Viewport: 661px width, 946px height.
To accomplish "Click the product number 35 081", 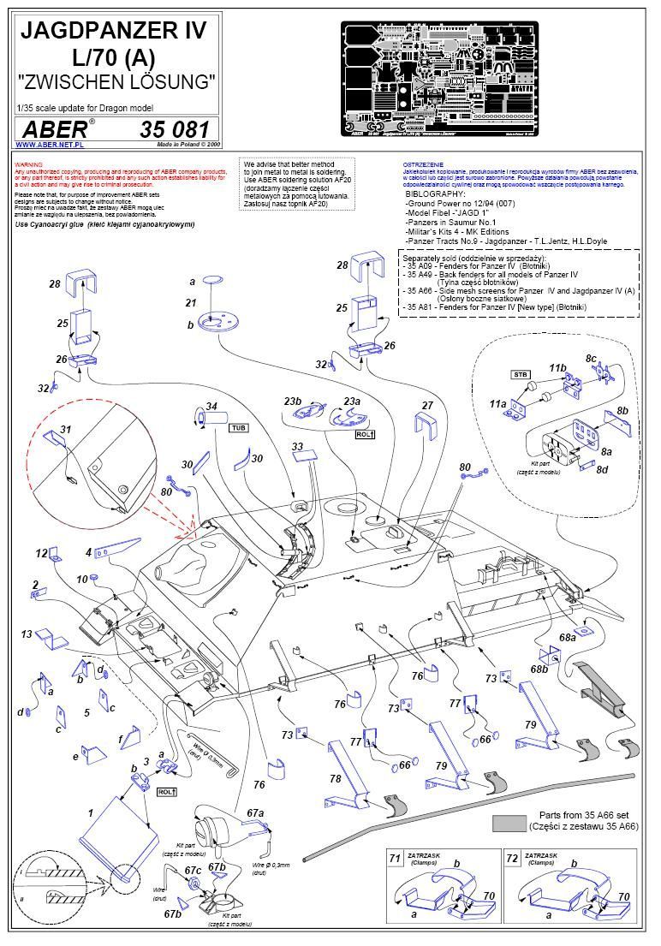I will pos(174,130).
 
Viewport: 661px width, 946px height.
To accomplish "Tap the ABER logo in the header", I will pos(55,130).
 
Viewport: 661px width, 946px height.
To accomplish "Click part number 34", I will pos(211,406).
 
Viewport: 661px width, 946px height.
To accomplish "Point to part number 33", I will pos(297,446).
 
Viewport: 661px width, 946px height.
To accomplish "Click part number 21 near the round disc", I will pos(191,303).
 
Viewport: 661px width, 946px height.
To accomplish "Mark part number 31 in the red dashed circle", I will pos(65,429).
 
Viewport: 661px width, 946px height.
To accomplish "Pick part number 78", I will pos(335,779).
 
